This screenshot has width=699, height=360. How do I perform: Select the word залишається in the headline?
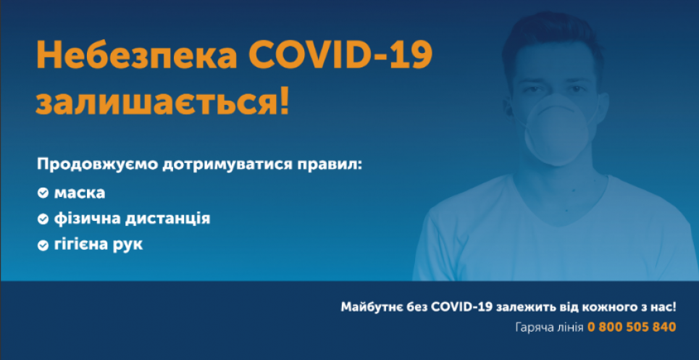coord(150,102)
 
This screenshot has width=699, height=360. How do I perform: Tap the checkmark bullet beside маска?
coord(43,193)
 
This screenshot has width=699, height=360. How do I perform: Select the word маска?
coord(79,193)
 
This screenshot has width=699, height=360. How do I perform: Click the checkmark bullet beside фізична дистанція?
coord(43,218)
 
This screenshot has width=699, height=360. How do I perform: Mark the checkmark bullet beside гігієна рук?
coord(43,245)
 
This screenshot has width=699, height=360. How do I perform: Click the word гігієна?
coord(81,245)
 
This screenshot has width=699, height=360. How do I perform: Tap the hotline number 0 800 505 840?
coord(632,327)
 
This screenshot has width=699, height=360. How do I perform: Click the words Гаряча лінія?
coord(549,327)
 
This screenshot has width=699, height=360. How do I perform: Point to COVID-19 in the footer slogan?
coord(461,307)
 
